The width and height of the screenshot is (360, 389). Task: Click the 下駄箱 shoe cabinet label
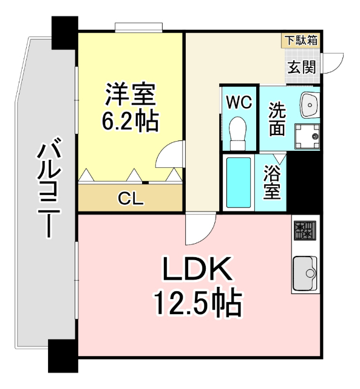point(302,41)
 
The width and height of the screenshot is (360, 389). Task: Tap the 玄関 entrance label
point(302,67)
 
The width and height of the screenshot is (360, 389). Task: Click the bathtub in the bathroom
point(238,182)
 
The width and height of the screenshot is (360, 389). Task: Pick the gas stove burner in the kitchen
point(304,230)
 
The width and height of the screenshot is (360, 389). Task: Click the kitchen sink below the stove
point(304,272)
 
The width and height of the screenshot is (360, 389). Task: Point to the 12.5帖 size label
point(197,302)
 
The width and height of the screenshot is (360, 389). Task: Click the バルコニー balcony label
point(47,188)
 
